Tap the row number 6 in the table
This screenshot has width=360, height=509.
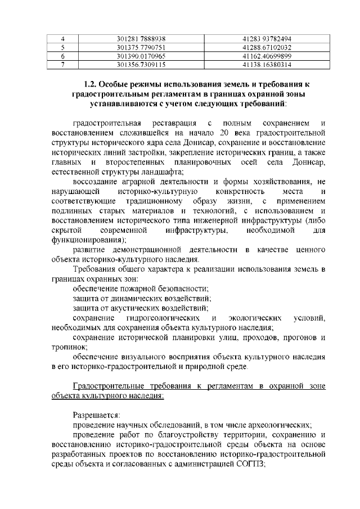coord(64,56)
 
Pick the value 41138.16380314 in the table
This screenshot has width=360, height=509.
coord(267,65)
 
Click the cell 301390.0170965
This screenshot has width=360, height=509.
coord(140,56)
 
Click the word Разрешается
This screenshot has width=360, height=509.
coord(92,415)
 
